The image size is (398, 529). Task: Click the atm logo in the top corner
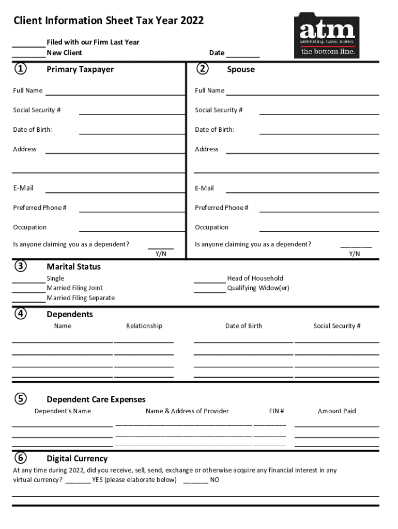pos(327,35)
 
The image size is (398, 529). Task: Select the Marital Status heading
pos(73,267)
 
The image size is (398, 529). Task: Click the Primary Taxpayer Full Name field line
pos(115,94)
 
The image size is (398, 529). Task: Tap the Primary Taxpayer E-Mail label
pos(23,188)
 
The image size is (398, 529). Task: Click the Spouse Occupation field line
pos(319,230)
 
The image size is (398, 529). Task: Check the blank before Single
pos(28,282)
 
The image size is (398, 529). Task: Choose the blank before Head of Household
pos(209,282)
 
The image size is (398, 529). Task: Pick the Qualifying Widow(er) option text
pos(258,288)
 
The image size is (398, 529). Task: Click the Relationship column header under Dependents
pos(144,326)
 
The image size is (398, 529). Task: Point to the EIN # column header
pos(277,411)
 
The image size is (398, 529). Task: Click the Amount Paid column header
pos(336,411)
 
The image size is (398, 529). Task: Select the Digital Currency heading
pos(77,458)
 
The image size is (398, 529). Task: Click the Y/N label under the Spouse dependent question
pos(355,254)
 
